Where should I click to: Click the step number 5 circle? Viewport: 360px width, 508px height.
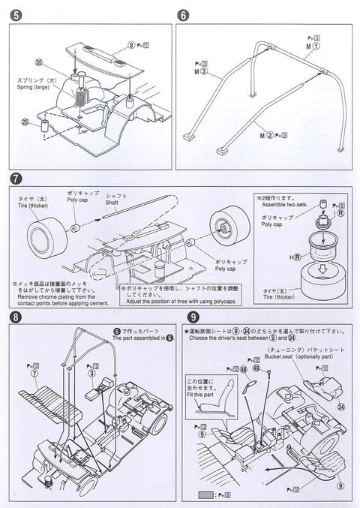[x=13, y=15]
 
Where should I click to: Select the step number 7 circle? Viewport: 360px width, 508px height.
[x=13, y=180]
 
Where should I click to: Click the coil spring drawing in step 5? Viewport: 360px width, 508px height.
[x=80, y=98]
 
